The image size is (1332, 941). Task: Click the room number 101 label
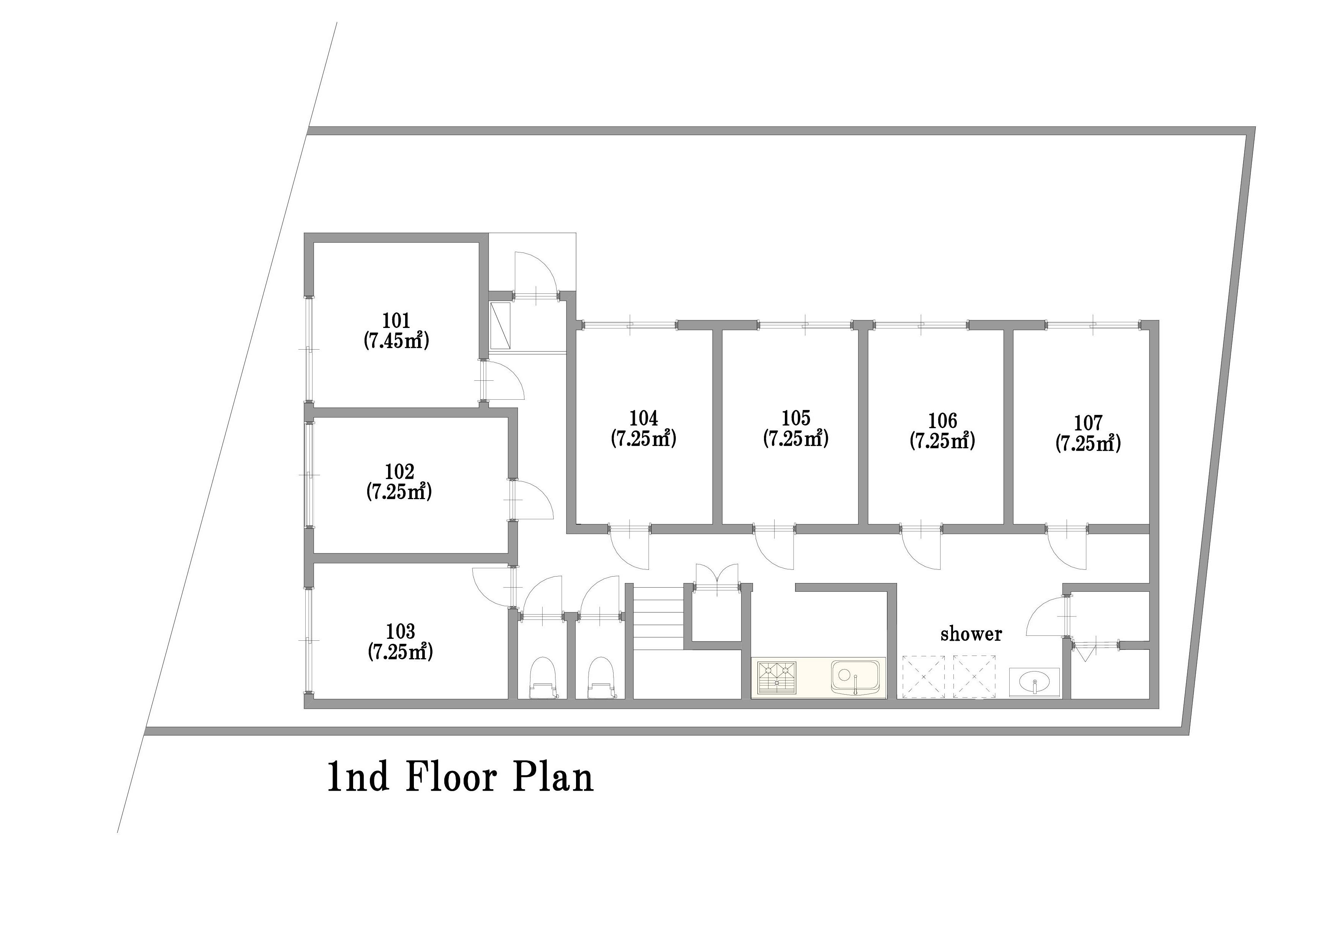coord(396,320)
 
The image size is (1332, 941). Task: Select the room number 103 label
coord(400,631)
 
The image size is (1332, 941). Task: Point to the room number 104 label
coord(643,418)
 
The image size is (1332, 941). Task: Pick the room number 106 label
coord(942,420)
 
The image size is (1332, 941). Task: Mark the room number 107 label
coord(1088,422)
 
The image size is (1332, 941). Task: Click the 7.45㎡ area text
coord(396,340)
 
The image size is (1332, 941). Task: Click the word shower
coord(971,634)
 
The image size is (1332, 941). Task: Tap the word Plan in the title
coord(553,777)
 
